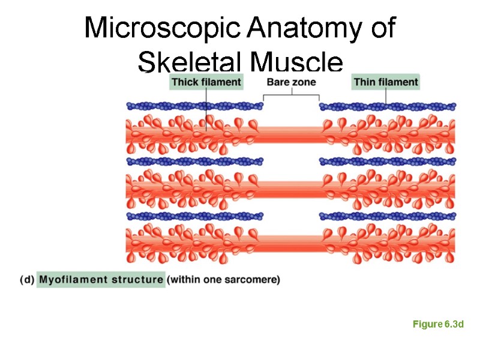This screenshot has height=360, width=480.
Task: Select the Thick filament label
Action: pos(206,82)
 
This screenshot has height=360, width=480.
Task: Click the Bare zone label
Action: pos(292,82)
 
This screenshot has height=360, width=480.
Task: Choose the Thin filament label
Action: pos(386,82)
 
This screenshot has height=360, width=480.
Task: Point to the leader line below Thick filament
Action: pos(206,108)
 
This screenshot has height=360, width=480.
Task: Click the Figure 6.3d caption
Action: pos(439,325)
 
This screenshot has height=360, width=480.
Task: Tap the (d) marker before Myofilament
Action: pos(26,280)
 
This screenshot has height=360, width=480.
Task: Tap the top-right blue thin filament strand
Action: pos(387,107)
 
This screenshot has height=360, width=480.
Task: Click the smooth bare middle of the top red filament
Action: pos(291,132)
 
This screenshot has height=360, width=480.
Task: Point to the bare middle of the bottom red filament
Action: pos(291,242)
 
